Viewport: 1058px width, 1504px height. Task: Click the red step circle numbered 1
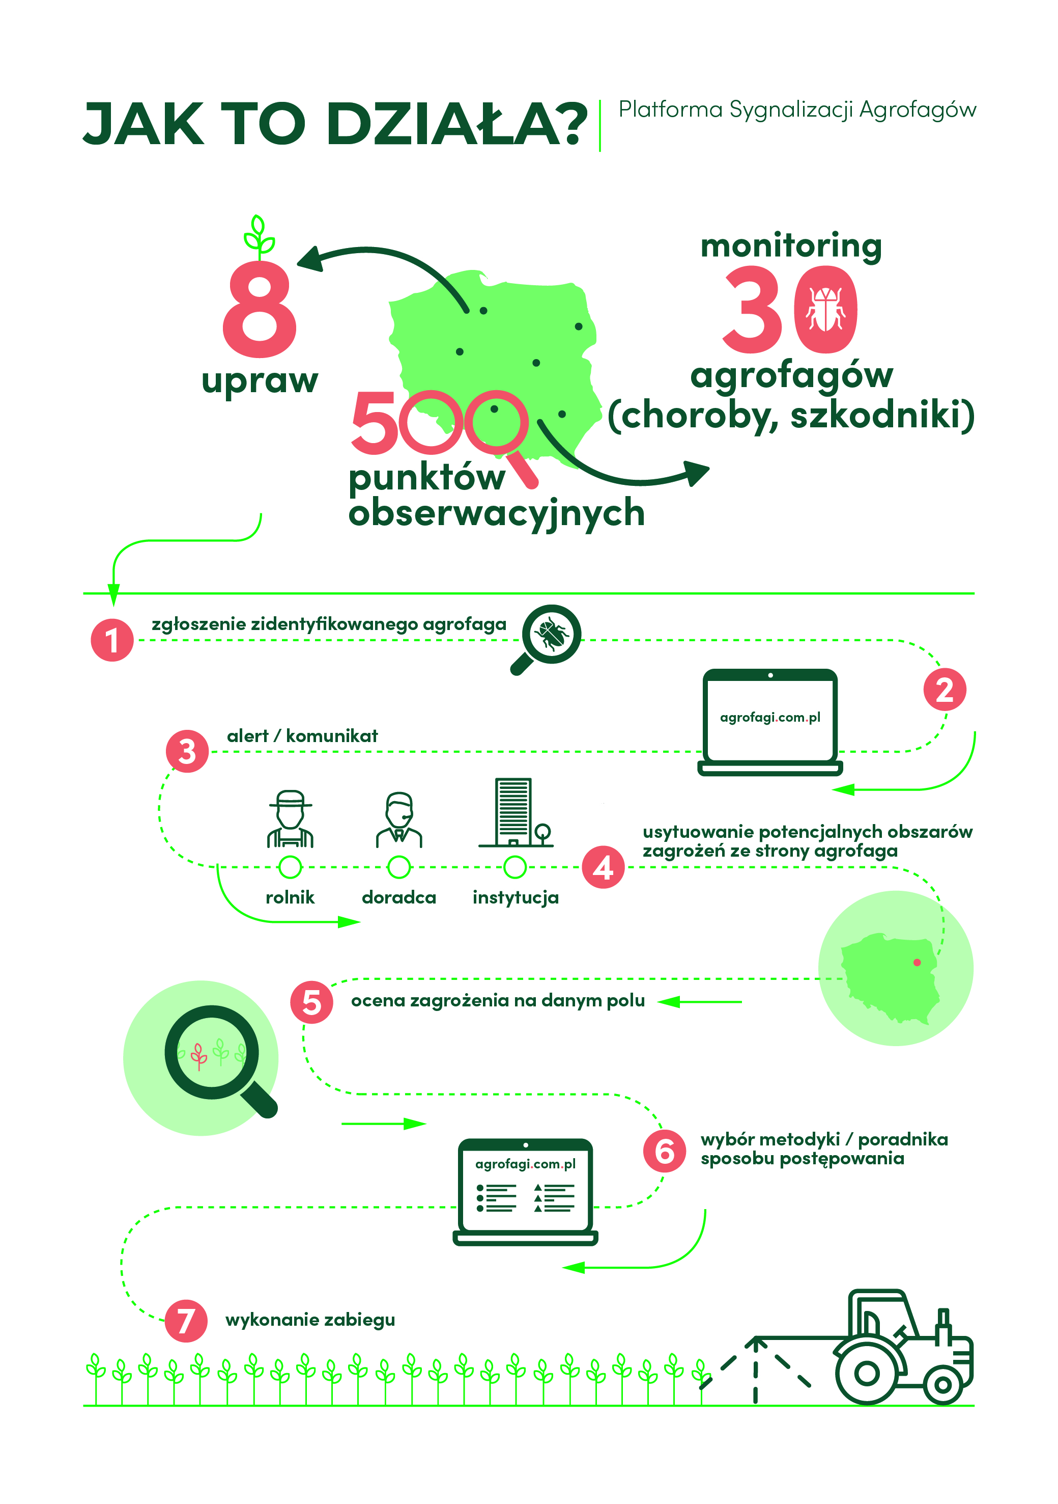coord(112,640)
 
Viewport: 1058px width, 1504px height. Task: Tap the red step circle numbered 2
coord(945,690)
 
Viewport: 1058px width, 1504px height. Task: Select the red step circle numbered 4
coord(604,867)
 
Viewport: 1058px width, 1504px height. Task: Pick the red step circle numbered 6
coord(665,1151)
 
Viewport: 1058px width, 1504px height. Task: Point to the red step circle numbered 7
coord(186,1321)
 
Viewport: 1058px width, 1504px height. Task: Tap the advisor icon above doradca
coord(398,820)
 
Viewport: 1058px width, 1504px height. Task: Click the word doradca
coord(398,897)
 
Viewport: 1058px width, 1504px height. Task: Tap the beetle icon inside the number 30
coord(825,309)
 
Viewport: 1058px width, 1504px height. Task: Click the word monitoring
coord(791,247)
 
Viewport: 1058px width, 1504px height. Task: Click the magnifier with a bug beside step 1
coord(546,639)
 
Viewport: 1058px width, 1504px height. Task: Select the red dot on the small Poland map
coord(917,962)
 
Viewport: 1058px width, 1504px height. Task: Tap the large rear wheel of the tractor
coord(867,1372)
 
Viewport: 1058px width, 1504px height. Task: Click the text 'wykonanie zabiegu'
coord(310,1320)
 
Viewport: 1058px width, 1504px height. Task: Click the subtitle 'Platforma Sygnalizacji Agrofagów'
coord(797,110)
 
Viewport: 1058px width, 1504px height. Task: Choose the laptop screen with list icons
coord(526,1188)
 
